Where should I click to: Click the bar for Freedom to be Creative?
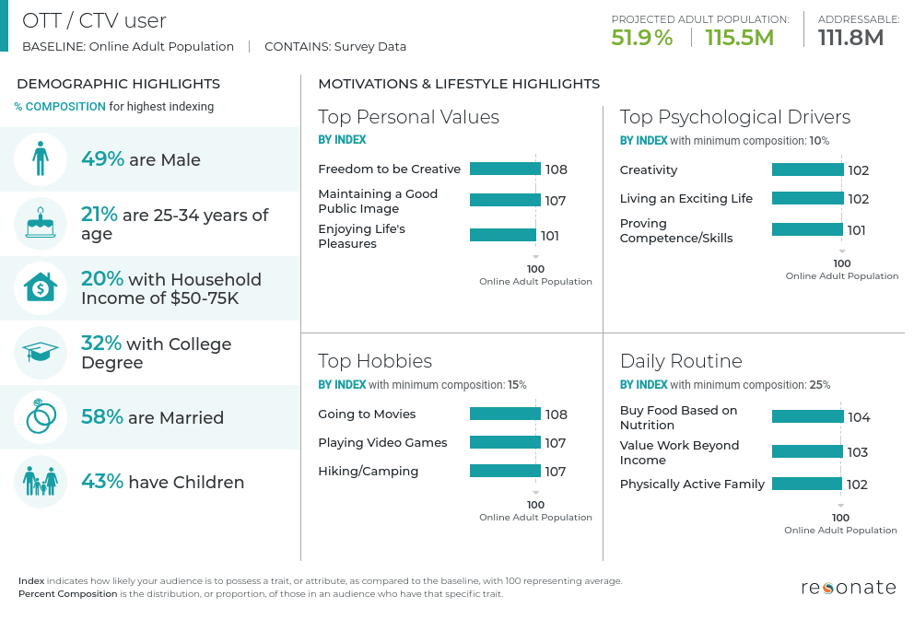505,169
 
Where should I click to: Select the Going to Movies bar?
505,414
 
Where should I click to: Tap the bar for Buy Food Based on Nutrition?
807,417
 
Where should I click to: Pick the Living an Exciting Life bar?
807,198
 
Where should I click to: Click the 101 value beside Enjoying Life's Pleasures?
549,236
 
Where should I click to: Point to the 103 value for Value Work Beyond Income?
857,452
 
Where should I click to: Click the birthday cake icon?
41,223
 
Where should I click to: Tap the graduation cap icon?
41,353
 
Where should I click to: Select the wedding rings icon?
41,417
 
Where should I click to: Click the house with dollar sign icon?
41,288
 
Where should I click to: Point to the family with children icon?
41,482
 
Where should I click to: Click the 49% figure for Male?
102,158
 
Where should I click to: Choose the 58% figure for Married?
102,416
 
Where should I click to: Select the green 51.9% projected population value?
642,38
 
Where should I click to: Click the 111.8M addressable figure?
850,38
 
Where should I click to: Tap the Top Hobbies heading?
375,360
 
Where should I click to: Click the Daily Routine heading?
681,360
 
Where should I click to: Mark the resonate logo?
848,587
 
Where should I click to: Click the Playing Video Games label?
382,442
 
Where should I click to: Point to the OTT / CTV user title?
94,20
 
